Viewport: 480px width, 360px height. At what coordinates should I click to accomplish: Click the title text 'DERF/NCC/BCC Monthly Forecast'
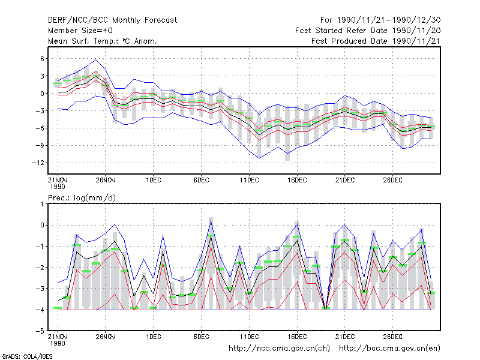[112, 20]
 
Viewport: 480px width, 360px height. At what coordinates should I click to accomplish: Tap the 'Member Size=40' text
[80, 31]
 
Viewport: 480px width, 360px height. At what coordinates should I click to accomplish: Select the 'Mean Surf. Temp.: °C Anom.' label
[103, 41]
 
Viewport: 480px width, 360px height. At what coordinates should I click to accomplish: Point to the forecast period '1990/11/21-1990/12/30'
[389, 20]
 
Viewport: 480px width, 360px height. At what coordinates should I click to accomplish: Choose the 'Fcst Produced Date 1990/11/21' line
[376, 41]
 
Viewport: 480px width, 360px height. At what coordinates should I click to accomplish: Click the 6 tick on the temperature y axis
[42, 59]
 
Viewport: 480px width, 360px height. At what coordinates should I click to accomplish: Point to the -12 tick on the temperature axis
[38, 163]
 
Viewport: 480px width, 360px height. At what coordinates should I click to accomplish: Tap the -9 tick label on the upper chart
[40, 145]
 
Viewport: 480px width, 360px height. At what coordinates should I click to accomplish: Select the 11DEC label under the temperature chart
[249, 180]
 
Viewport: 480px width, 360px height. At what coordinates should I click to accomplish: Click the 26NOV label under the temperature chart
[106, 180]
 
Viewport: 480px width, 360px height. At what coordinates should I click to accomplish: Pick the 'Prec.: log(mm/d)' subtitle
[82, 198]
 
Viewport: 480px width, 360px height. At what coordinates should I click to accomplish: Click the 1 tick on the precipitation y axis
[42, 204]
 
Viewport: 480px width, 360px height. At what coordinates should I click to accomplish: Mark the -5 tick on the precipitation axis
[40, 331]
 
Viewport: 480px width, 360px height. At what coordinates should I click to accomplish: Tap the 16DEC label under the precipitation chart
[297, 337]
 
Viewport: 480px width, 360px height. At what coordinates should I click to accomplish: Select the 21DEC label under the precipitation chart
[344, 337]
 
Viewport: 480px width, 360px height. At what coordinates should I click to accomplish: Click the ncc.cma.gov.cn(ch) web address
[280, 349]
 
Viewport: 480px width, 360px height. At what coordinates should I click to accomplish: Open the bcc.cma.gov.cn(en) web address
[389, 349]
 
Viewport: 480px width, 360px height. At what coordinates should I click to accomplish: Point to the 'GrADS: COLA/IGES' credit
[27, 356]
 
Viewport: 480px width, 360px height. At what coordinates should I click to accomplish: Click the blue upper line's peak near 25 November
[96, 59]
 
